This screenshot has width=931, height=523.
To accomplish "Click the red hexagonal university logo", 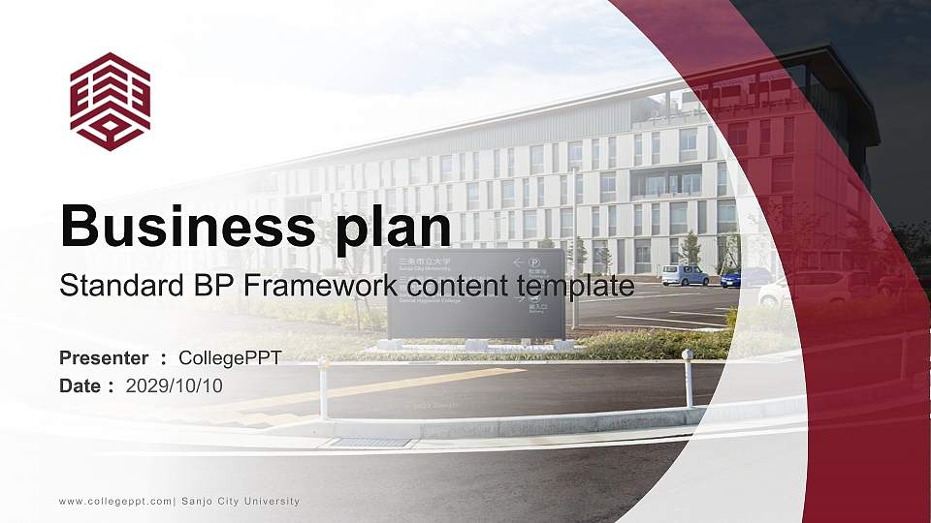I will pos(110,102).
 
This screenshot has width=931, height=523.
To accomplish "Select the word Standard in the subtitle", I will pos(109,286).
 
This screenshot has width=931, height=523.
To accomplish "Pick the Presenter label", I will pos(104,358).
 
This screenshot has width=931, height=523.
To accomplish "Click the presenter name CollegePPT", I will pos(230,358).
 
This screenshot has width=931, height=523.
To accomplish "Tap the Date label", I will pos(80,385).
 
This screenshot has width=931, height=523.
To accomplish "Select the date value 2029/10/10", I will pos(175,385).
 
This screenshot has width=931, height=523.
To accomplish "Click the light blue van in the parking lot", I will pos(686,275).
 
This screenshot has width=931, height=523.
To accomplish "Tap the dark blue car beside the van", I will pos(745,277).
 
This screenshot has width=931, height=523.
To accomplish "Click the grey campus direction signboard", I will pos(475,293).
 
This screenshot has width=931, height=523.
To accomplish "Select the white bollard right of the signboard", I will pos(688,378).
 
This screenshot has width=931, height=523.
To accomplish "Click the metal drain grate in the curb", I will pos(371,443).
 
